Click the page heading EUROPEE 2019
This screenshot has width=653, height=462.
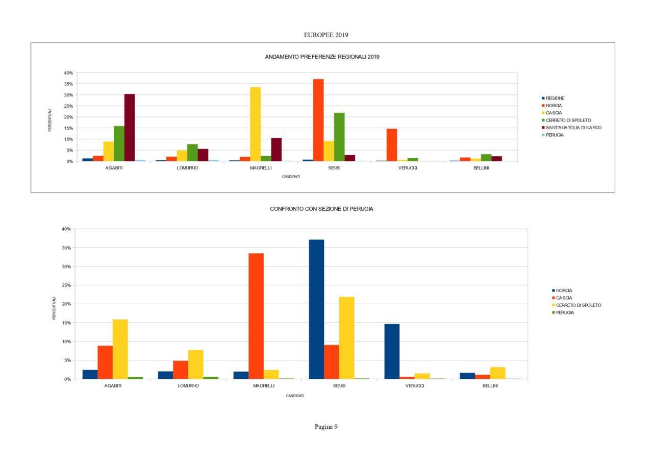tap(326, 35)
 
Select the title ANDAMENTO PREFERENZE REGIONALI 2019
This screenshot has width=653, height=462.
tap(322, 57)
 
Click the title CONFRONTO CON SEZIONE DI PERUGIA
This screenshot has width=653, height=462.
tap(321, 209)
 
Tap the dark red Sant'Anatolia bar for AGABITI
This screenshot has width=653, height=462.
tap(130, 128)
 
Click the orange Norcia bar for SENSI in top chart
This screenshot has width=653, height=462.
tap(318, 120)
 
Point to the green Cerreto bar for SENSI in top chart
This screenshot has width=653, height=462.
tap(339, 137)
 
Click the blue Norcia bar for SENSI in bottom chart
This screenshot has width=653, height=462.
tap(316, 309)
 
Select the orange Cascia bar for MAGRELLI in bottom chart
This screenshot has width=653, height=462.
tap(256, 316)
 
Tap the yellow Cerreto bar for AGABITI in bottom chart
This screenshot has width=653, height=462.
tap(120, 349)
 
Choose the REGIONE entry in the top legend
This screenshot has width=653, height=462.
tap(555, 98)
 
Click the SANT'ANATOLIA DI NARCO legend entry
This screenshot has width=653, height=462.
tap(573, 128)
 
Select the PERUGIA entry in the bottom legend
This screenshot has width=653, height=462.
tap(565, 312)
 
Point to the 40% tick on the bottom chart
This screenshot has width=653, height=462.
tap(66, 229)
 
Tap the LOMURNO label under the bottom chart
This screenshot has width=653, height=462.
tap(188, 386)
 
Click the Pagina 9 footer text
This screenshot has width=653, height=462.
tap(326, 427)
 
